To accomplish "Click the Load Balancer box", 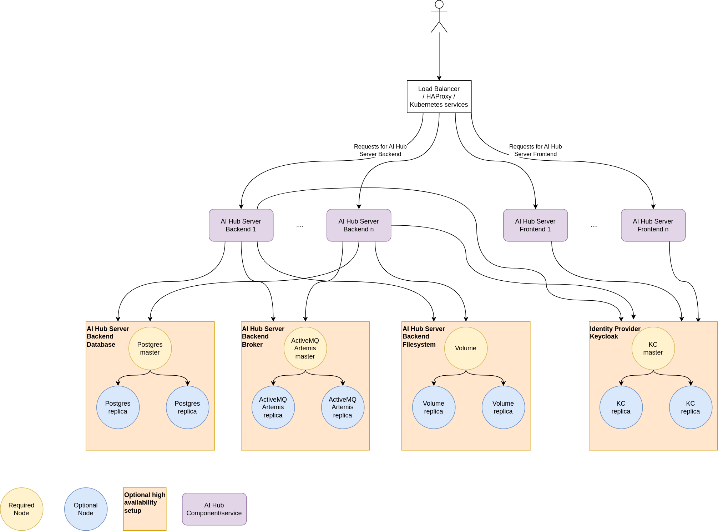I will [439, 96].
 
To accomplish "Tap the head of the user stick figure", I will [439, 4].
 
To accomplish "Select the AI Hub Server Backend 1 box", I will [241, 225].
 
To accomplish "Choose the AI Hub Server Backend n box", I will [359, 225].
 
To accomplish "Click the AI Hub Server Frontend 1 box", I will [535, 225].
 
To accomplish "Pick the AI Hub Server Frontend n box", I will [653, 225].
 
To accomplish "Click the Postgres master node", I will [150, 349].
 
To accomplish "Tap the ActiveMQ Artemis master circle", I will [305, 349].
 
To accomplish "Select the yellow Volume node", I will [466, 349].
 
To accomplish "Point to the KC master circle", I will [653, 349].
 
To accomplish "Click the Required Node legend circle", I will [21, 509].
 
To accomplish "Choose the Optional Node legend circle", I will [86, 509].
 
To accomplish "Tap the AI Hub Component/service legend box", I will [214, 509].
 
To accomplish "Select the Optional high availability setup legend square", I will [145, 509].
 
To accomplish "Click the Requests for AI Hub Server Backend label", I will [380, 150].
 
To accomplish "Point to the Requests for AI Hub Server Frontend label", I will [535, 150].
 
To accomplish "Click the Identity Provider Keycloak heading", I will [615, 332].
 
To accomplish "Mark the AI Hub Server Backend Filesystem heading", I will [423, 336].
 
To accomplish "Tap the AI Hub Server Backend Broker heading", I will [263, 336].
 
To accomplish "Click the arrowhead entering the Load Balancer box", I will [439, 78].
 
